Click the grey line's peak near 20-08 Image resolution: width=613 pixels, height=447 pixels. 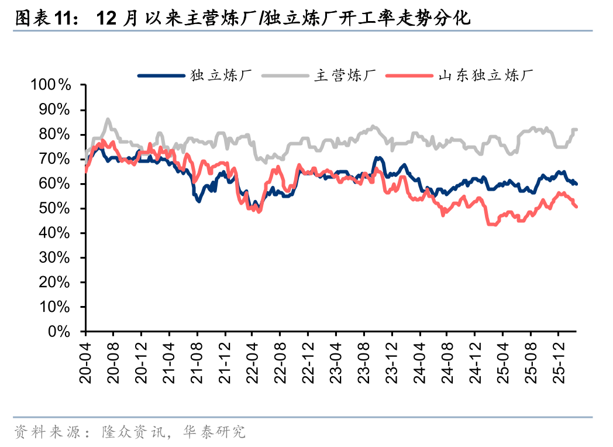108,119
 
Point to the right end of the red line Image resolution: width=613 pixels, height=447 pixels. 576,206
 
